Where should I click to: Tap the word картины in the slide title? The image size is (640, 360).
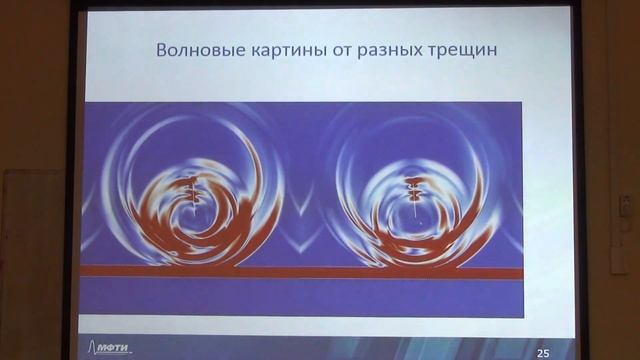(x=272, y=50)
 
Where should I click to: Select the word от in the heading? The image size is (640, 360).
(x=325, y=50)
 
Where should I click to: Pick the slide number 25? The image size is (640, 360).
(x=543, y=352)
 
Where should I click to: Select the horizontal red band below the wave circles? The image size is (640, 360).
(x=300, y=272)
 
